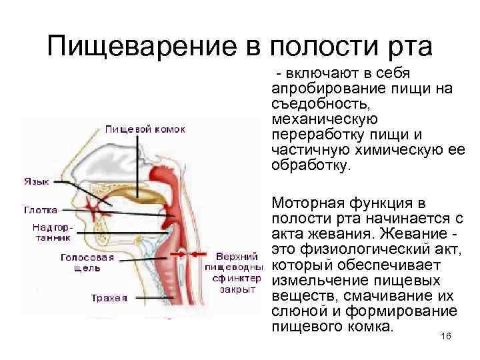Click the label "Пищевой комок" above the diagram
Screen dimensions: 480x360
(144, 129)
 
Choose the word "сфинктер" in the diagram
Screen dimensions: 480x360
(237, 278)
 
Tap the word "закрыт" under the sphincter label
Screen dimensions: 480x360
(237, 289)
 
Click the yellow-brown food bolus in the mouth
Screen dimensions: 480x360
(142, 195)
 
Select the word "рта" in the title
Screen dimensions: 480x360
(408, 47)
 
